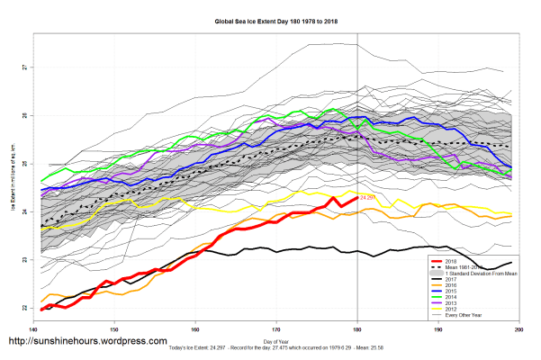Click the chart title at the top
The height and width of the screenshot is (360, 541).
pyautogui.click(x=269, y=19)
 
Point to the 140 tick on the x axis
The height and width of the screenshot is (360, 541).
pyautogui.click(x=32, y=330)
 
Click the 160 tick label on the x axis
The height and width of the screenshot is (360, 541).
pyautogui.click(x=195, y=330)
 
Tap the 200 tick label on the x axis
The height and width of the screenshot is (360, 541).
pyautogui.click(x=519, y=330)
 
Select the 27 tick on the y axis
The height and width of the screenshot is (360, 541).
pyautogui.click(x=26, y=67)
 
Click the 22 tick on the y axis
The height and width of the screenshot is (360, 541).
pyautogui.click(x=26, y=308)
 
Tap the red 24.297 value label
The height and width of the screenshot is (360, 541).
pyautogui.click(x=367, y=197)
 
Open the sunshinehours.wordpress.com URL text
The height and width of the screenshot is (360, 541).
pyautogui.click(x=88, y=342)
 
